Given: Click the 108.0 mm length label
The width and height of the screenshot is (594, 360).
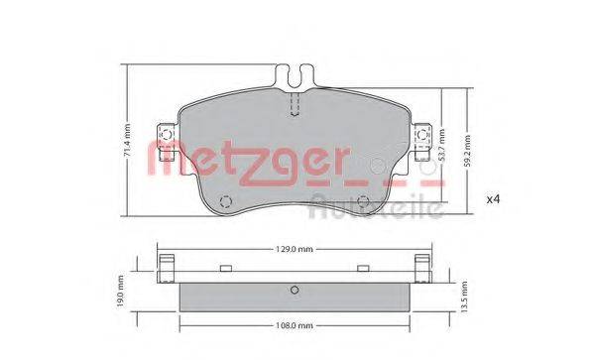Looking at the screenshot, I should click(295, 324).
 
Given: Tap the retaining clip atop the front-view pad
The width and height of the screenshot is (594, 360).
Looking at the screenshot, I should click(293, 76).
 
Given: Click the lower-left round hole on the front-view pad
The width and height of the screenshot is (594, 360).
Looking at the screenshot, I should click(224, 204).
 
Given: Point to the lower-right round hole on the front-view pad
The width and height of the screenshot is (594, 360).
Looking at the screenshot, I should click(363, 204).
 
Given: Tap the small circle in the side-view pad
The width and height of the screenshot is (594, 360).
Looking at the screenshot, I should click(294, 290).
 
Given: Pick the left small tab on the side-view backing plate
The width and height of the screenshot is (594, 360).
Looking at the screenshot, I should click(227, 268).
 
